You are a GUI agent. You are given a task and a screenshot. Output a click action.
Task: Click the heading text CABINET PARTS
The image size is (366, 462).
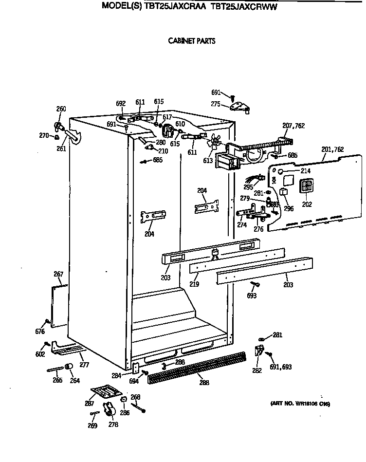[191, 41]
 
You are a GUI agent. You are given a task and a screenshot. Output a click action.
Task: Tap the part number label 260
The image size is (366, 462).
[61, 109]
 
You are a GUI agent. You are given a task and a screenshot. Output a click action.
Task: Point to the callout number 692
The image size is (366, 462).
[121, 103]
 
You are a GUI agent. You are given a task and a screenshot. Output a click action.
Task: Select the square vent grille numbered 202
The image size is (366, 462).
[306, 187]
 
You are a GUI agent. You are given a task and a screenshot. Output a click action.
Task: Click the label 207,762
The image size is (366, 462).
[293, 126]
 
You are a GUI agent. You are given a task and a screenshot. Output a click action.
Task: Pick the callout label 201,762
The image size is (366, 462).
[333, 149]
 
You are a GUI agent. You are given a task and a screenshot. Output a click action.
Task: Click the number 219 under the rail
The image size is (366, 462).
[194, 284]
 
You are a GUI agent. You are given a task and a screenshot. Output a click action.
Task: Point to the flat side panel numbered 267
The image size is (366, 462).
[59, 305]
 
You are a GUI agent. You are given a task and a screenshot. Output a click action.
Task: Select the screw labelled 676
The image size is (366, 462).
[46, 321]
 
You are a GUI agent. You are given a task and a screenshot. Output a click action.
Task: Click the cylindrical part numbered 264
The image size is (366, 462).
[70, 367]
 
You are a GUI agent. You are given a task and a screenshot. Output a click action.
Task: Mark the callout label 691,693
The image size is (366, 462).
[280, 367]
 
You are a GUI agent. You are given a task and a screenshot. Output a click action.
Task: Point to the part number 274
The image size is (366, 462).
[241, 225]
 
